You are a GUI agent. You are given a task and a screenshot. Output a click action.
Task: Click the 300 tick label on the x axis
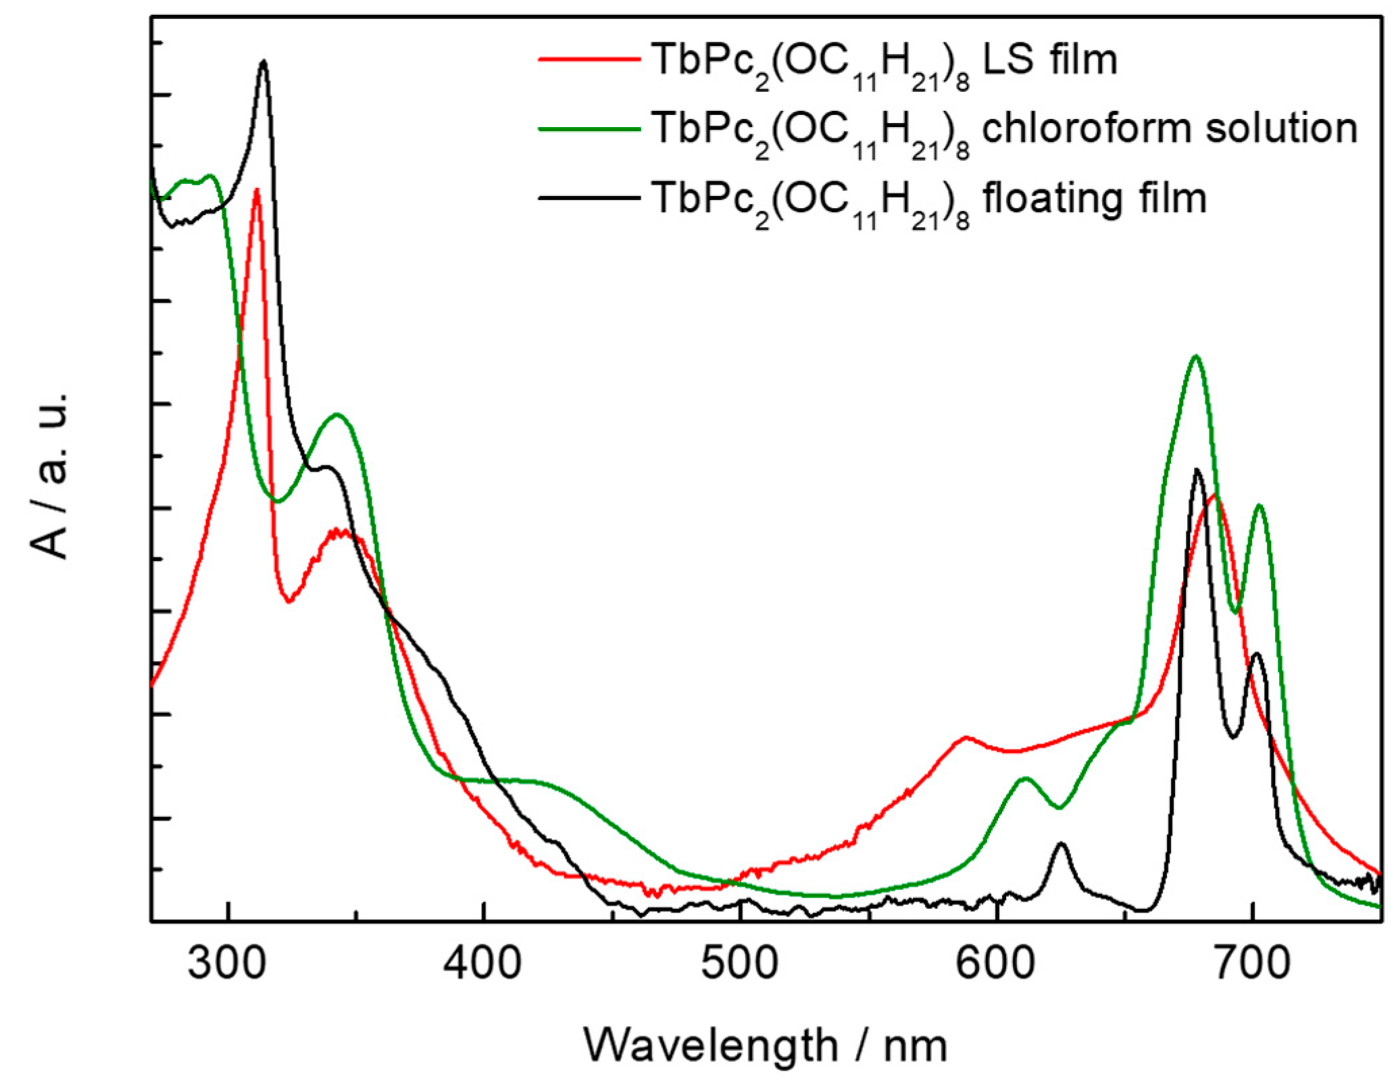point(228,964)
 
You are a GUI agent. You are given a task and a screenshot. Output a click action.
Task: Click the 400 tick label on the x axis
point(483,964)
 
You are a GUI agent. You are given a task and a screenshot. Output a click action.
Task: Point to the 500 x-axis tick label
point(740,964)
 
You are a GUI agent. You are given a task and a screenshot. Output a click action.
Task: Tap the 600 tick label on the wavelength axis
point(996,964)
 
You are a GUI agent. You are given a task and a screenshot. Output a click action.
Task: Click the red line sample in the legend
point(589,59)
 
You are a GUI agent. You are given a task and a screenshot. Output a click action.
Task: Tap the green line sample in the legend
point(589,128)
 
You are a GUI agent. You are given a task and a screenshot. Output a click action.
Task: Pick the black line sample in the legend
point(589,198)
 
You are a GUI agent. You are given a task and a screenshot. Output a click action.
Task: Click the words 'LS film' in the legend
point(1049,59)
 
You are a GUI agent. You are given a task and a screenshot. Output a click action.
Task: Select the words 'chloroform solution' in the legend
point(1169,128)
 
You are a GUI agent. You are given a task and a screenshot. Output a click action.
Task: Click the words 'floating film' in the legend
point(1094,198)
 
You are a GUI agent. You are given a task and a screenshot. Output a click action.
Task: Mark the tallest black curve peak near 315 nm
point(264,61)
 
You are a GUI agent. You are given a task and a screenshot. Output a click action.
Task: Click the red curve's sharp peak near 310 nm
point(256,190)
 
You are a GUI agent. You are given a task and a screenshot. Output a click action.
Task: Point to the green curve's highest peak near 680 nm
point(1196,356)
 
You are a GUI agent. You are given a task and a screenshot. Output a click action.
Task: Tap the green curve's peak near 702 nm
point(1259,506)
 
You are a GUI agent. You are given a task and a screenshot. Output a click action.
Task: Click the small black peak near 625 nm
point(1061,843)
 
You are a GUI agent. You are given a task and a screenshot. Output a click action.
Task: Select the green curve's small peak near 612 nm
point(1026,779)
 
